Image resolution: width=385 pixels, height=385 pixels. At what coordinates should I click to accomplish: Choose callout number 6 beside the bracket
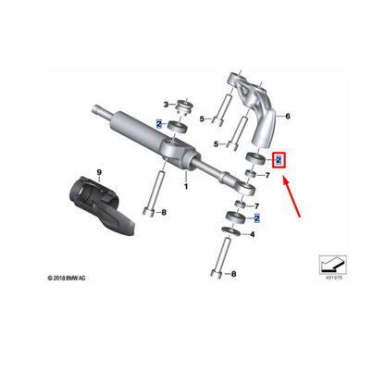pos(288,118)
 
